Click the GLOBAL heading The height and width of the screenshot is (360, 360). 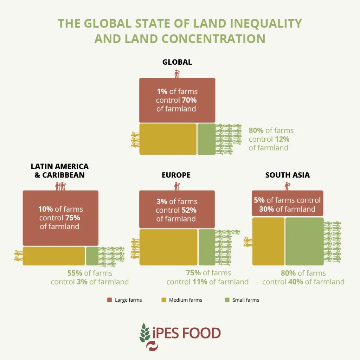[177, 62]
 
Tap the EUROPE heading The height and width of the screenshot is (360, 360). [176, 175]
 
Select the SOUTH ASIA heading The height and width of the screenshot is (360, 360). [288, 175]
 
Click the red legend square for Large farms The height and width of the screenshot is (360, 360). [109, 300]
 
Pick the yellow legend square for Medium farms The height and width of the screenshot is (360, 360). [163, 300]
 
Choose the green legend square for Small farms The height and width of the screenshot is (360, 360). [227, 300]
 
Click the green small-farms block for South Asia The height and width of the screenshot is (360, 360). [304, 241]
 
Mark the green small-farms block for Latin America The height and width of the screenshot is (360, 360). [92, 256]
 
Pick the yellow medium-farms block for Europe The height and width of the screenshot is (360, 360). [168, 247]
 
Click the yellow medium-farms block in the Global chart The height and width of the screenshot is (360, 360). [168, 139]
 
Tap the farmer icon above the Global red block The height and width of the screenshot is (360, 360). [177, 73]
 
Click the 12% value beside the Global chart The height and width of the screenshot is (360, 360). [282, 139]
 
